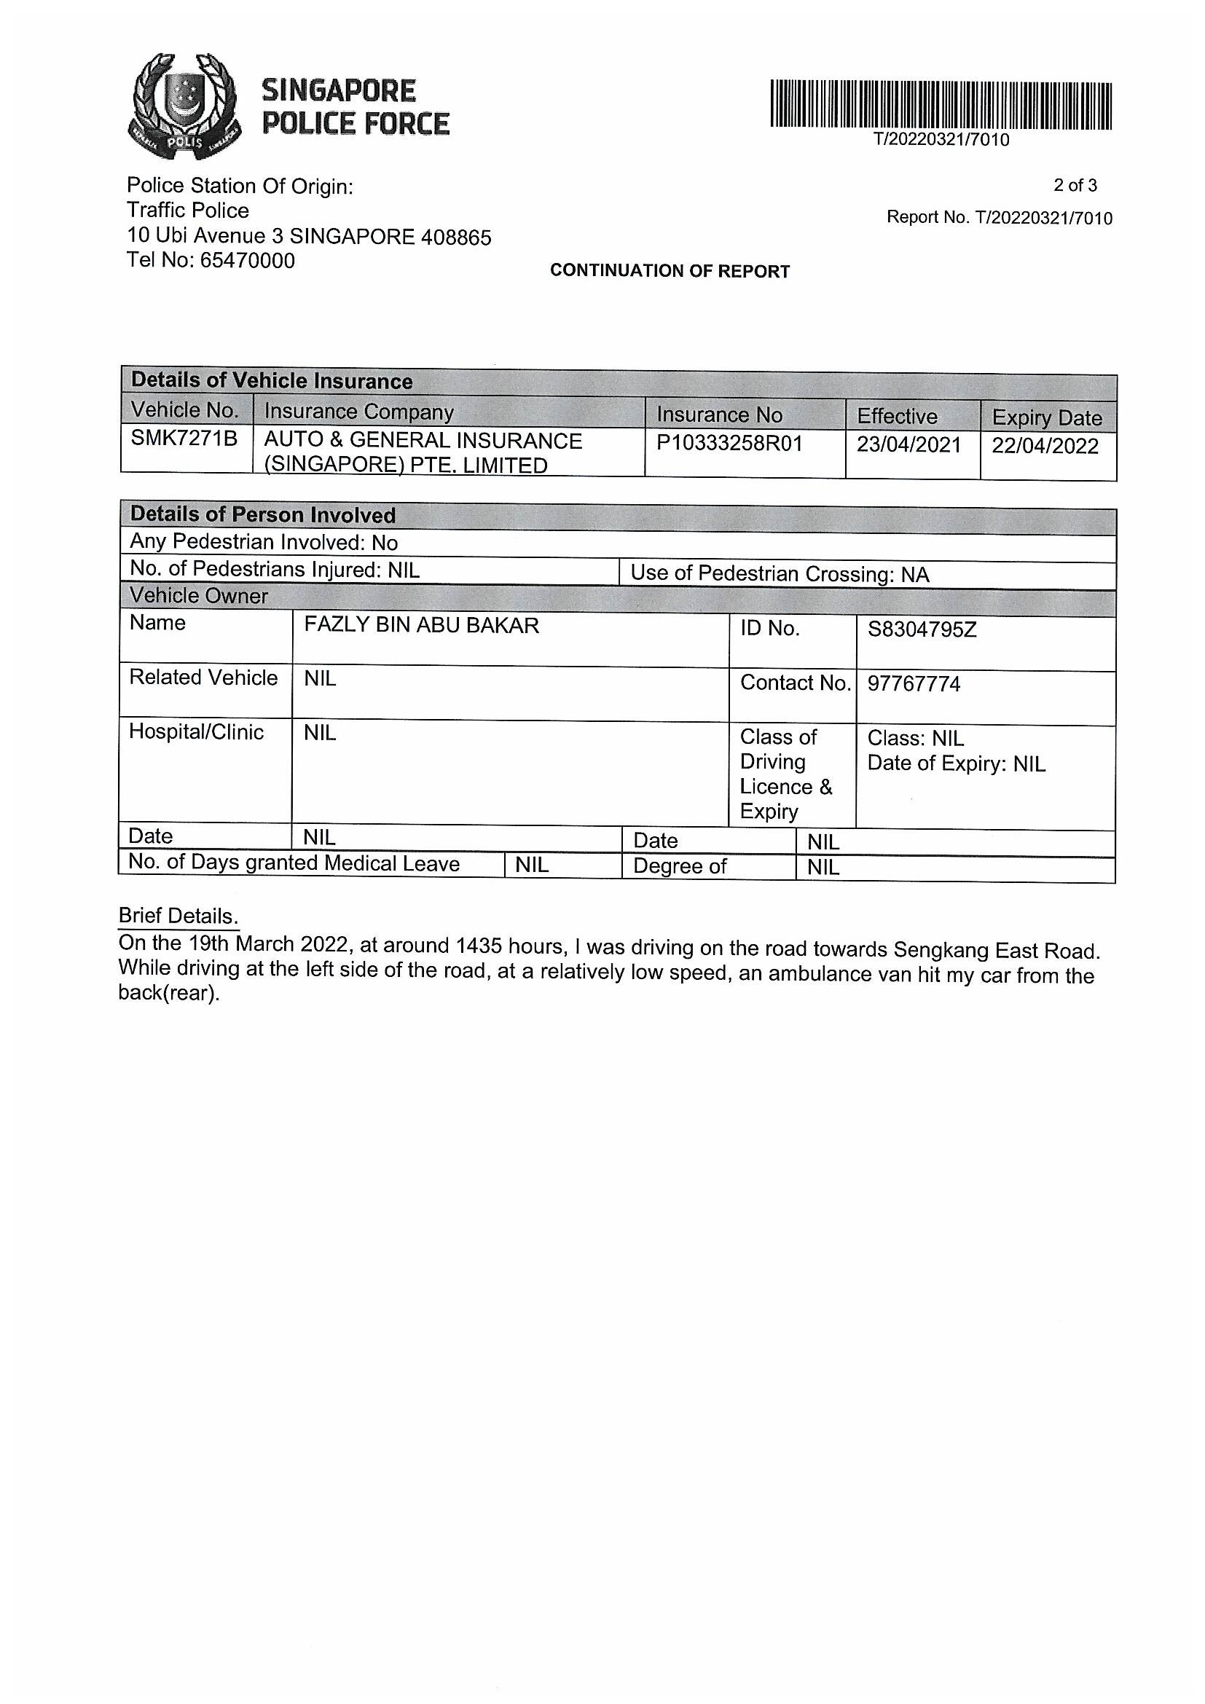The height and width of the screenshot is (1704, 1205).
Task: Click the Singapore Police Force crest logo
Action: click(x=184, y=106)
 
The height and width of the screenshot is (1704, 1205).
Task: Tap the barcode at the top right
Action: click(x=940, y=105)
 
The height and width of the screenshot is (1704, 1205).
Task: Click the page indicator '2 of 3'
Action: click(x=1075, y=185)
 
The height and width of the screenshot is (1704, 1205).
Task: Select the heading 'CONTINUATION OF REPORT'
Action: click(x=670, y=271)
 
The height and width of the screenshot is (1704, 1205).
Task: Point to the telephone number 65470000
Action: click(x=247, y=262)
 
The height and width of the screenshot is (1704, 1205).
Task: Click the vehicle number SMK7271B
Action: click(x=184, y=439)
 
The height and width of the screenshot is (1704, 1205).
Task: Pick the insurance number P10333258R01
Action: click(x=729, y=444)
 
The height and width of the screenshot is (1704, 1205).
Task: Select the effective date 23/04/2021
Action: click(x=908, y=444)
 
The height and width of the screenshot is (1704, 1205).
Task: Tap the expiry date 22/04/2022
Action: click(x=1045, y=446)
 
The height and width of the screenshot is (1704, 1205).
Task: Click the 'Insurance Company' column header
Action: click(x=358, y=412)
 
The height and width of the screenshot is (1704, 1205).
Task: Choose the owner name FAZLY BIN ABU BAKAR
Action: click(x=421, y=626)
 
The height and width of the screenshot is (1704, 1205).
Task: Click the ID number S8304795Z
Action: click(x=922, y=630)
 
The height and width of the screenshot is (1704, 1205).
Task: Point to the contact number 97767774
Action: click(x=914, y=684)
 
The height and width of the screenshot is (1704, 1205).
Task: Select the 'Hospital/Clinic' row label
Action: click(x=196, y=732)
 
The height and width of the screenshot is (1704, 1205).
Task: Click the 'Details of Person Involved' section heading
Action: click(x=263, y=515)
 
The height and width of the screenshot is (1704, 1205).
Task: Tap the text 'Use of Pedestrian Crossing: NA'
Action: click(x=779, y=573)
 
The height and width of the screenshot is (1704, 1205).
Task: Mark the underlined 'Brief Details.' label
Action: click(x=178, y=916)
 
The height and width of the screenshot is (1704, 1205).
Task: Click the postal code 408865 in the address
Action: click(x=455, y=237)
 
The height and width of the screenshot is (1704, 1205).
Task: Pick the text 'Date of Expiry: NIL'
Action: click(x=956, y=763)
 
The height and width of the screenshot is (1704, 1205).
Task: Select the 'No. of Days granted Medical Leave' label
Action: click(x=294, y=863)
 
